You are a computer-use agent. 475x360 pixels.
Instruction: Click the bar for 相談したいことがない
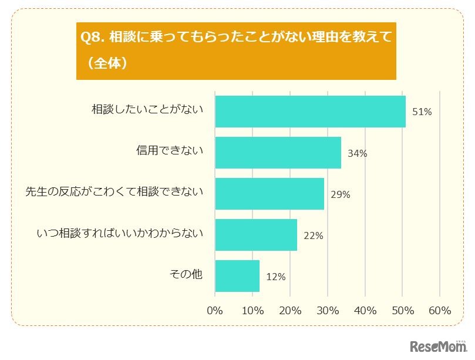click(x=311, y=111)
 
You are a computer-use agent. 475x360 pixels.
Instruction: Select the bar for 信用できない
click(x=278, y=153)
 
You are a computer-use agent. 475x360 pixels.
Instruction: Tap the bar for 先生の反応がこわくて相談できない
click(x=269, y=194)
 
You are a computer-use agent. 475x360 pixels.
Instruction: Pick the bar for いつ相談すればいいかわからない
click(x=256, y=235)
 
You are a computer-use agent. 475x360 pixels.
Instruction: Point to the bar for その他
click(x=237, y=276)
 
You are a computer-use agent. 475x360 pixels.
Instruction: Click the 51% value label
click(x=422, y=112)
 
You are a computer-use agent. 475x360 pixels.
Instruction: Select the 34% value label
click(x=357, y=153)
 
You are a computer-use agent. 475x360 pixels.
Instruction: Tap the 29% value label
click(x=340, y=194)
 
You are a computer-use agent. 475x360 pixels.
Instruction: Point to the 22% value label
click(x=314, y=235)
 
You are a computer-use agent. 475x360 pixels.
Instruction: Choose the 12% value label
click(x=275, y=277)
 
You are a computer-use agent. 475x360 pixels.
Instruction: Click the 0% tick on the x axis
click(x=215, y=310)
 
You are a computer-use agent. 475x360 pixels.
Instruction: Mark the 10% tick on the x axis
click(x=252, y=310)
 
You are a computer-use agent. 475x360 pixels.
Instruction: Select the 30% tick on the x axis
click(x=328, y=310)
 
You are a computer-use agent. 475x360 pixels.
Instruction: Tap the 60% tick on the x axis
click(x=440, y=310)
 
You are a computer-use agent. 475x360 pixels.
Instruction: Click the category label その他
click(x=186, y=274)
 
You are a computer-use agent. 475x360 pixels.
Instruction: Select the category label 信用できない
click(x=170, y=150)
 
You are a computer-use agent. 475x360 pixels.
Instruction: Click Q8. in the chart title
click(x=93, y=39)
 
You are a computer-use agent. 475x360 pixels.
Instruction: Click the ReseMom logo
click(x=438, y=346)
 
